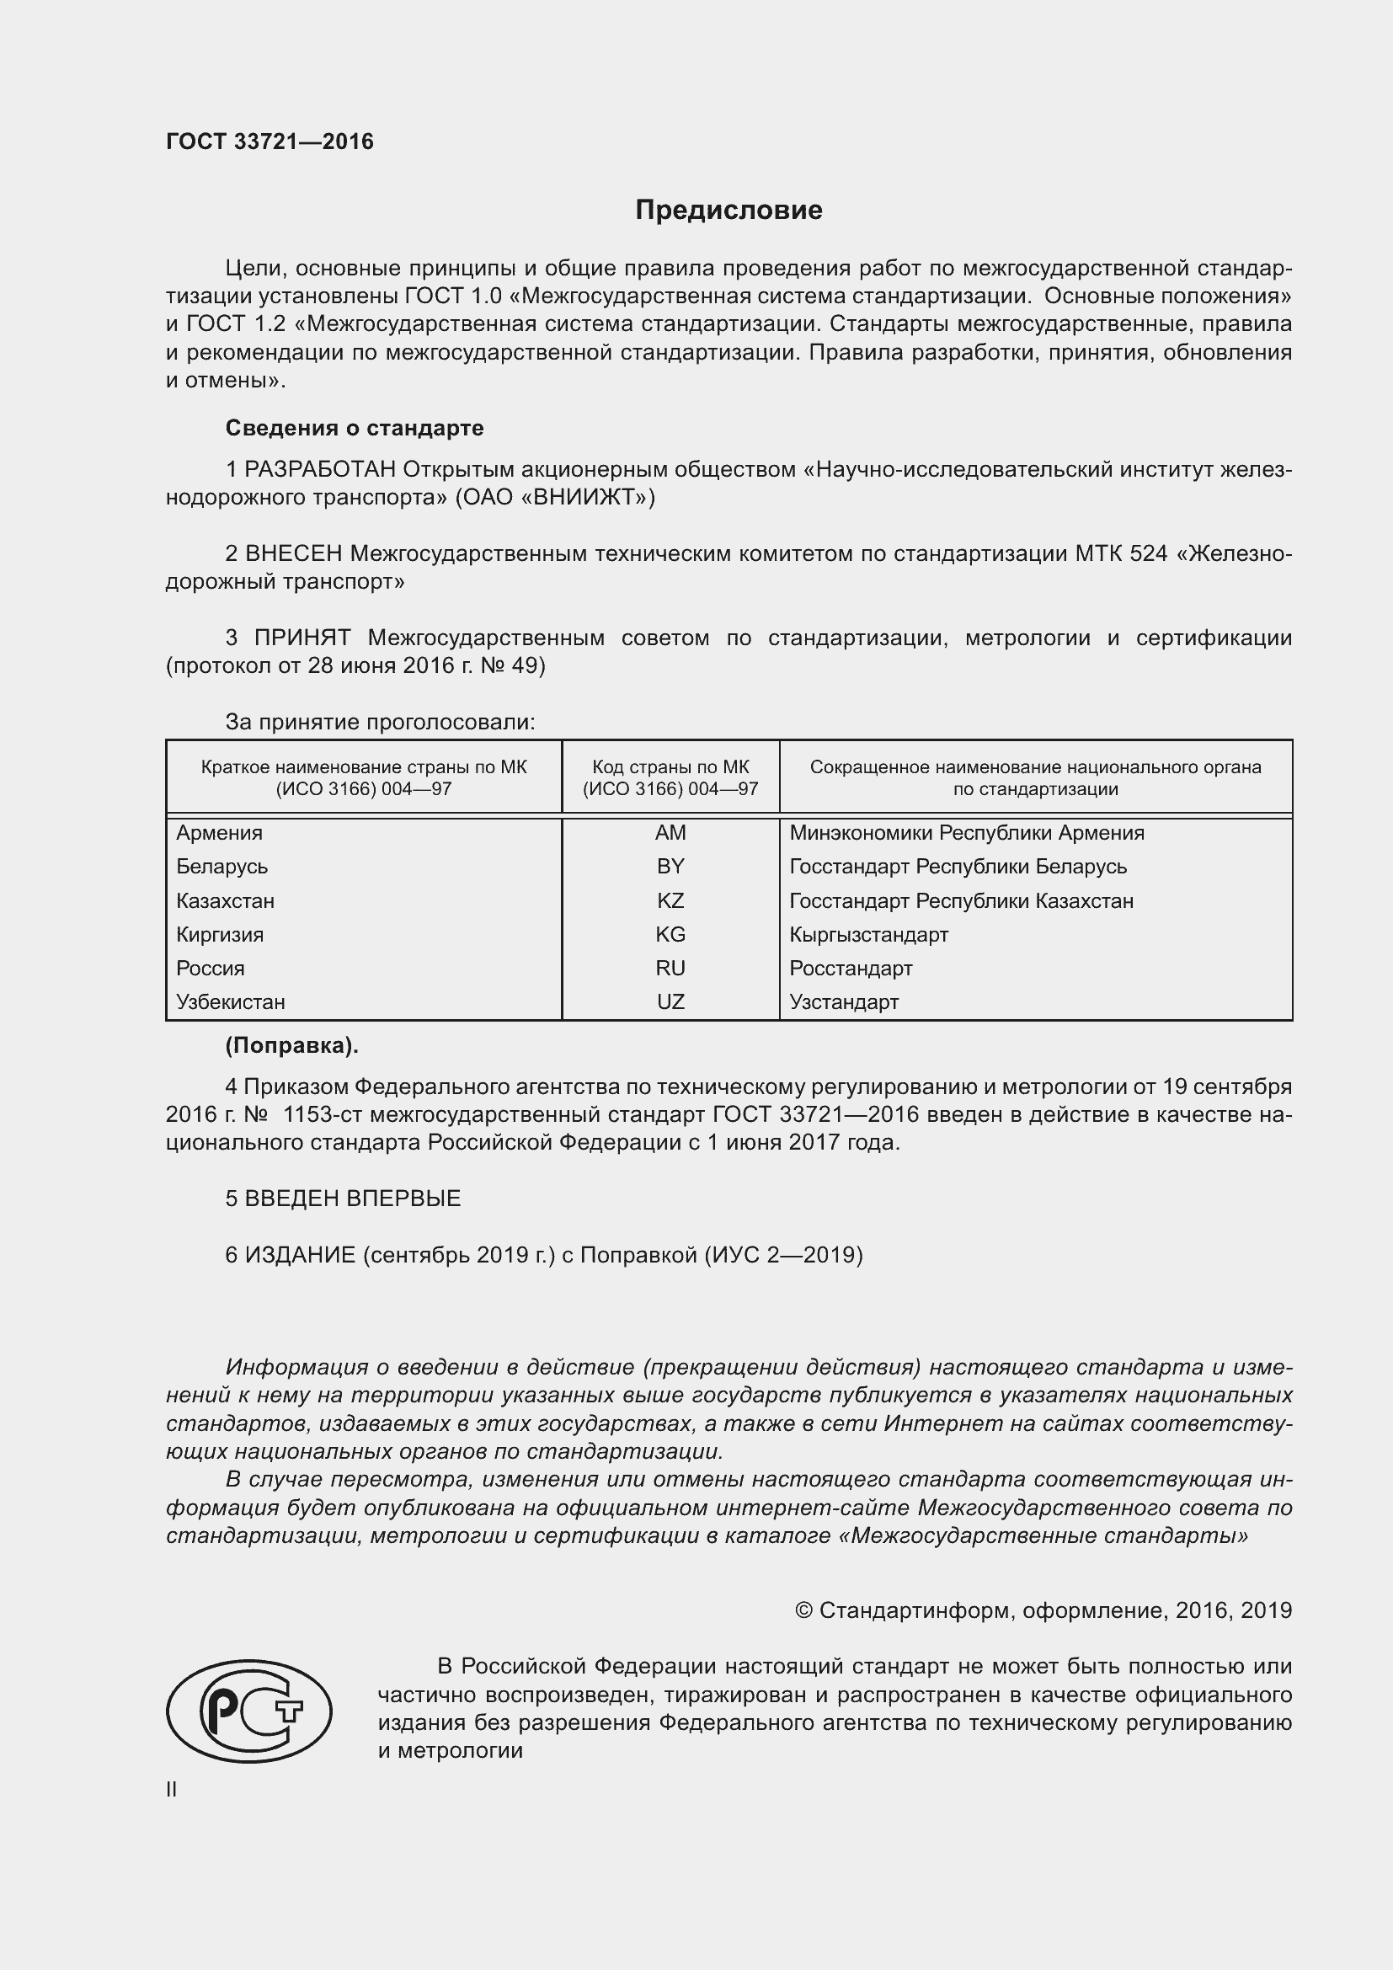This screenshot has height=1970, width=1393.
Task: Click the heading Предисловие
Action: tap(729, 211)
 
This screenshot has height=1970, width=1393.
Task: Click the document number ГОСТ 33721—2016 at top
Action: tap(270, 141)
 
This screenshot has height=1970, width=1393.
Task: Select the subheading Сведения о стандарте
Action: tap(355, 427)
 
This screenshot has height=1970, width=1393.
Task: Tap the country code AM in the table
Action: tap(670, 832)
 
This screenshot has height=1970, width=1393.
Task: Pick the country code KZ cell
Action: tap(670, 901)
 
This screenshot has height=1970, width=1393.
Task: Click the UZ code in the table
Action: tap(670, 1001)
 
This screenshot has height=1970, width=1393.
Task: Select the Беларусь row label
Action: tap(222, 867)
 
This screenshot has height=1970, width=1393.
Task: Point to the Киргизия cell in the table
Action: tap(220, 934)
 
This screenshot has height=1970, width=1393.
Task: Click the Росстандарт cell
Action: tap(850, 968)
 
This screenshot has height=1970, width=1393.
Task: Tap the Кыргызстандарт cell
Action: tap(868, 934)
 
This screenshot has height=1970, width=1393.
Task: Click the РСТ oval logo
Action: tap(248, 1711)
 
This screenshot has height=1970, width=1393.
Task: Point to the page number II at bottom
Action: tap(172, 1790)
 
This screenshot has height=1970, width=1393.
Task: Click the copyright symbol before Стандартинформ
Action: tap(803, 1610)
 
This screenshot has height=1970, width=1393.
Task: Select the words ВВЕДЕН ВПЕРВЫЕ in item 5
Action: tap(353, 1199)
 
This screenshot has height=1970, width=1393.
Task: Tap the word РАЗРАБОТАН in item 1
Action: tap(320, 469)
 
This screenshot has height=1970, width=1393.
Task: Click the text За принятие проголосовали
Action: tap(380, 723)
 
